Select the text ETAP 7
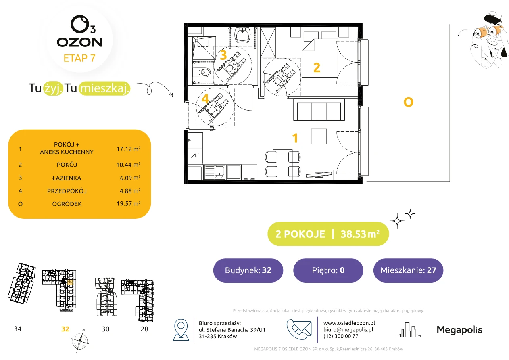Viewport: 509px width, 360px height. (79, 58)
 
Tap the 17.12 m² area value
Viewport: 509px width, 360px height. (128, 149)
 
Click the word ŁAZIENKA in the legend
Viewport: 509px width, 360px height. (67, 178)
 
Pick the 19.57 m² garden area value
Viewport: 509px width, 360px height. (128, 203)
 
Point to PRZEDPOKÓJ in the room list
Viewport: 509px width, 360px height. (67, 191)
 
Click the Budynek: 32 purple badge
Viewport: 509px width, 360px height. (248, 270)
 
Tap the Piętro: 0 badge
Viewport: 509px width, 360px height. (328, 270)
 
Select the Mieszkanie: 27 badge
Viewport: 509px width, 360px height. (408, 270)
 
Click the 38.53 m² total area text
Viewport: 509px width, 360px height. (360, 234)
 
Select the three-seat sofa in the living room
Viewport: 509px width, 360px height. (319, 110)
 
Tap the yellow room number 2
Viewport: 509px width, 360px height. (317, 67)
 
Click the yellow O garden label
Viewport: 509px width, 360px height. (408, 102)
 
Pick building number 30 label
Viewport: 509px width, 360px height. (105, 329)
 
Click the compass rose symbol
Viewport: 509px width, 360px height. (79, 341)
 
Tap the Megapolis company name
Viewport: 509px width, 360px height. (459, 330)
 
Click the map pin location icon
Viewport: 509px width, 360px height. (181, 329)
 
